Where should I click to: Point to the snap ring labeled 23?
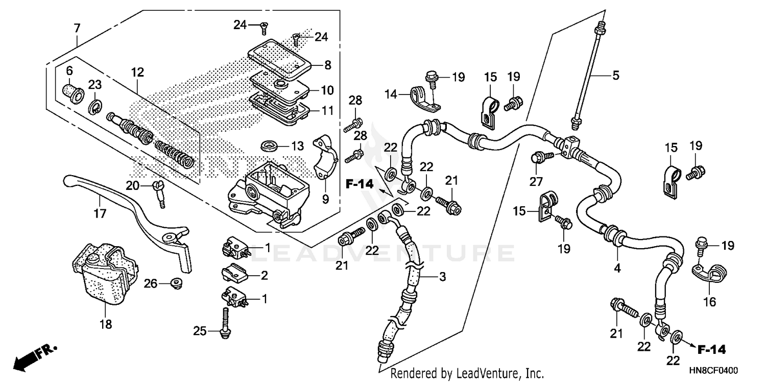click(95, 107)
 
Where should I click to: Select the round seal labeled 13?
click(269, 146)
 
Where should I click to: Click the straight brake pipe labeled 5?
click(587, 74)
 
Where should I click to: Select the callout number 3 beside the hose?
click(442, 277)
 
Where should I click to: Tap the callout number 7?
click(77, 29)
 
